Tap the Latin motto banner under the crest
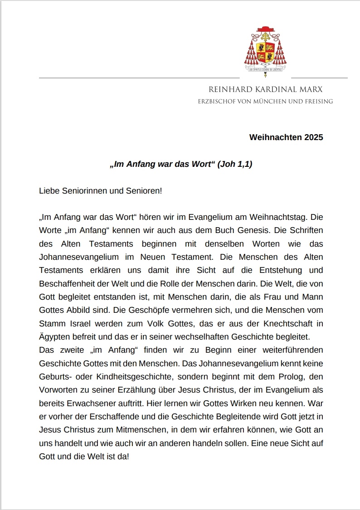click(265, 69)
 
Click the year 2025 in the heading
click(312, 137)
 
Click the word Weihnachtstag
click(283, 217)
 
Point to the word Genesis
click(225, 230)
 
